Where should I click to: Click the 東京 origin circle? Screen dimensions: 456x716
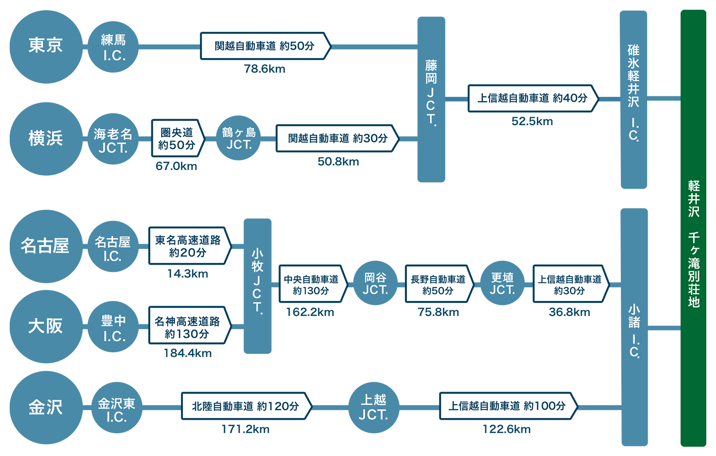click(46, 47)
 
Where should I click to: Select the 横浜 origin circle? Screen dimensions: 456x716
click(46, 139)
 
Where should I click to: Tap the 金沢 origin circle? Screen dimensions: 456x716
click(46, 407)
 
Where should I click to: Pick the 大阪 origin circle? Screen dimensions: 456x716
click(46, 326)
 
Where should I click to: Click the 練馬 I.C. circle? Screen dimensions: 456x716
click(113, 47)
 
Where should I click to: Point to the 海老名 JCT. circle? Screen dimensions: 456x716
click(113, 139)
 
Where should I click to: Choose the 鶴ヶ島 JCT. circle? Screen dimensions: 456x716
click(238, 139)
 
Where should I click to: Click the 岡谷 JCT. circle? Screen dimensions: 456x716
click(375, 283)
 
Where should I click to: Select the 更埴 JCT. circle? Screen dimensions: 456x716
click(502, 283)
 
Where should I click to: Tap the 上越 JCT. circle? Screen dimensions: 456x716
click(374, 407)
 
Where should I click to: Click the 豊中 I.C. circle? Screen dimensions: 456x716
click(113, 327)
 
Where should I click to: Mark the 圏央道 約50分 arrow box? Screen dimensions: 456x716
click(177, 139)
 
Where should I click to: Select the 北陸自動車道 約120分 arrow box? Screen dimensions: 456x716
click(245, 406)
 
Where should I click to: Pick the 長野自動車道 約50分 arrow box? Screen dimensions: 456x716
click(438, 284)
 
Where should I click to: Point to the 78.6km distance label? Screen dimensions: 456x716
click(264, 69)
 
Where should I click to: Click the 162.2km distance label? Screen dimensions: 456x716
click(310, 312)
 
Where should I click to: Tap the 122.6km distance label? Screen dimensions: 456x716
click(506, 429)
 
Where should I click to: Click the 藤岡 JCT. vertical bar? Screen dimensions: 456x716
click(431, 99)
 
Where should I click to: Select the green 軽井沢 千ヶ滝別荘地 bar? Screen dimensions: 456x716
click(693, 228)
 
